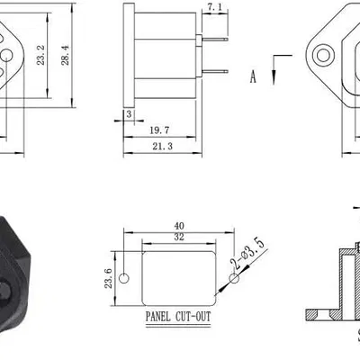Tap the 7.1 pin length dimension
click(x=216, y=8)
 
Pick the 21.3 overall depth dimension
click(x=162, y=146)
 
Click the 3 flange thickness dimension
click(x=129, y=115)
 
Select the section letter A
click(x=253, y=77)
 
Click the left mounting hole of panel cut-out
click(x=125, y=276)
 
